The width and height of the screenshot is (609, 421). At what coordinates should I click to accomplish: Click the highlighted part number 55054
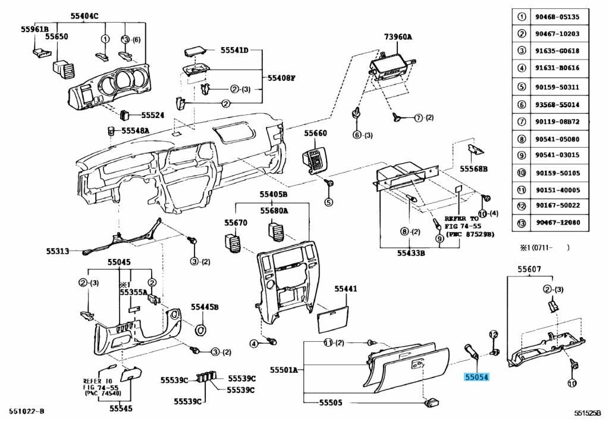tap(476, 377)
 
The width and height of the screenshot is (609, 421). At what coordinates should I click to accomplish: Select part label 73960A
tap(398, 37)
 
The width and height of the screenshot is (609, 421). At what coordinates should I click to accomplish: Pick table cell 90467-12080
tap(557, 223)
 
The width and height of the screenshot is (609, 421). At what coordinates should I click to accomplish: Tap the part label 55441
tap(346, 289)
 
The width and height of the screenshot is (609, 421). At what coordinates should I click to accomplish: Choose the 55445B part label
tap(205, 307)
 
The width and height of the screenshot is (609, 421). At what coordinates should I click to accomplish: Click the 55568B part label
tap(473, 169)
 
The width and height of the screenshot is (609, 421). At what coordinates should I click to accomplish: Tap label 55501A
tap(284, 370)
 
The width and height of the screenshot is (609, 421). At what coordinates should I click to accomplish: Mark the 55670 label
tap(236, 223)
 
